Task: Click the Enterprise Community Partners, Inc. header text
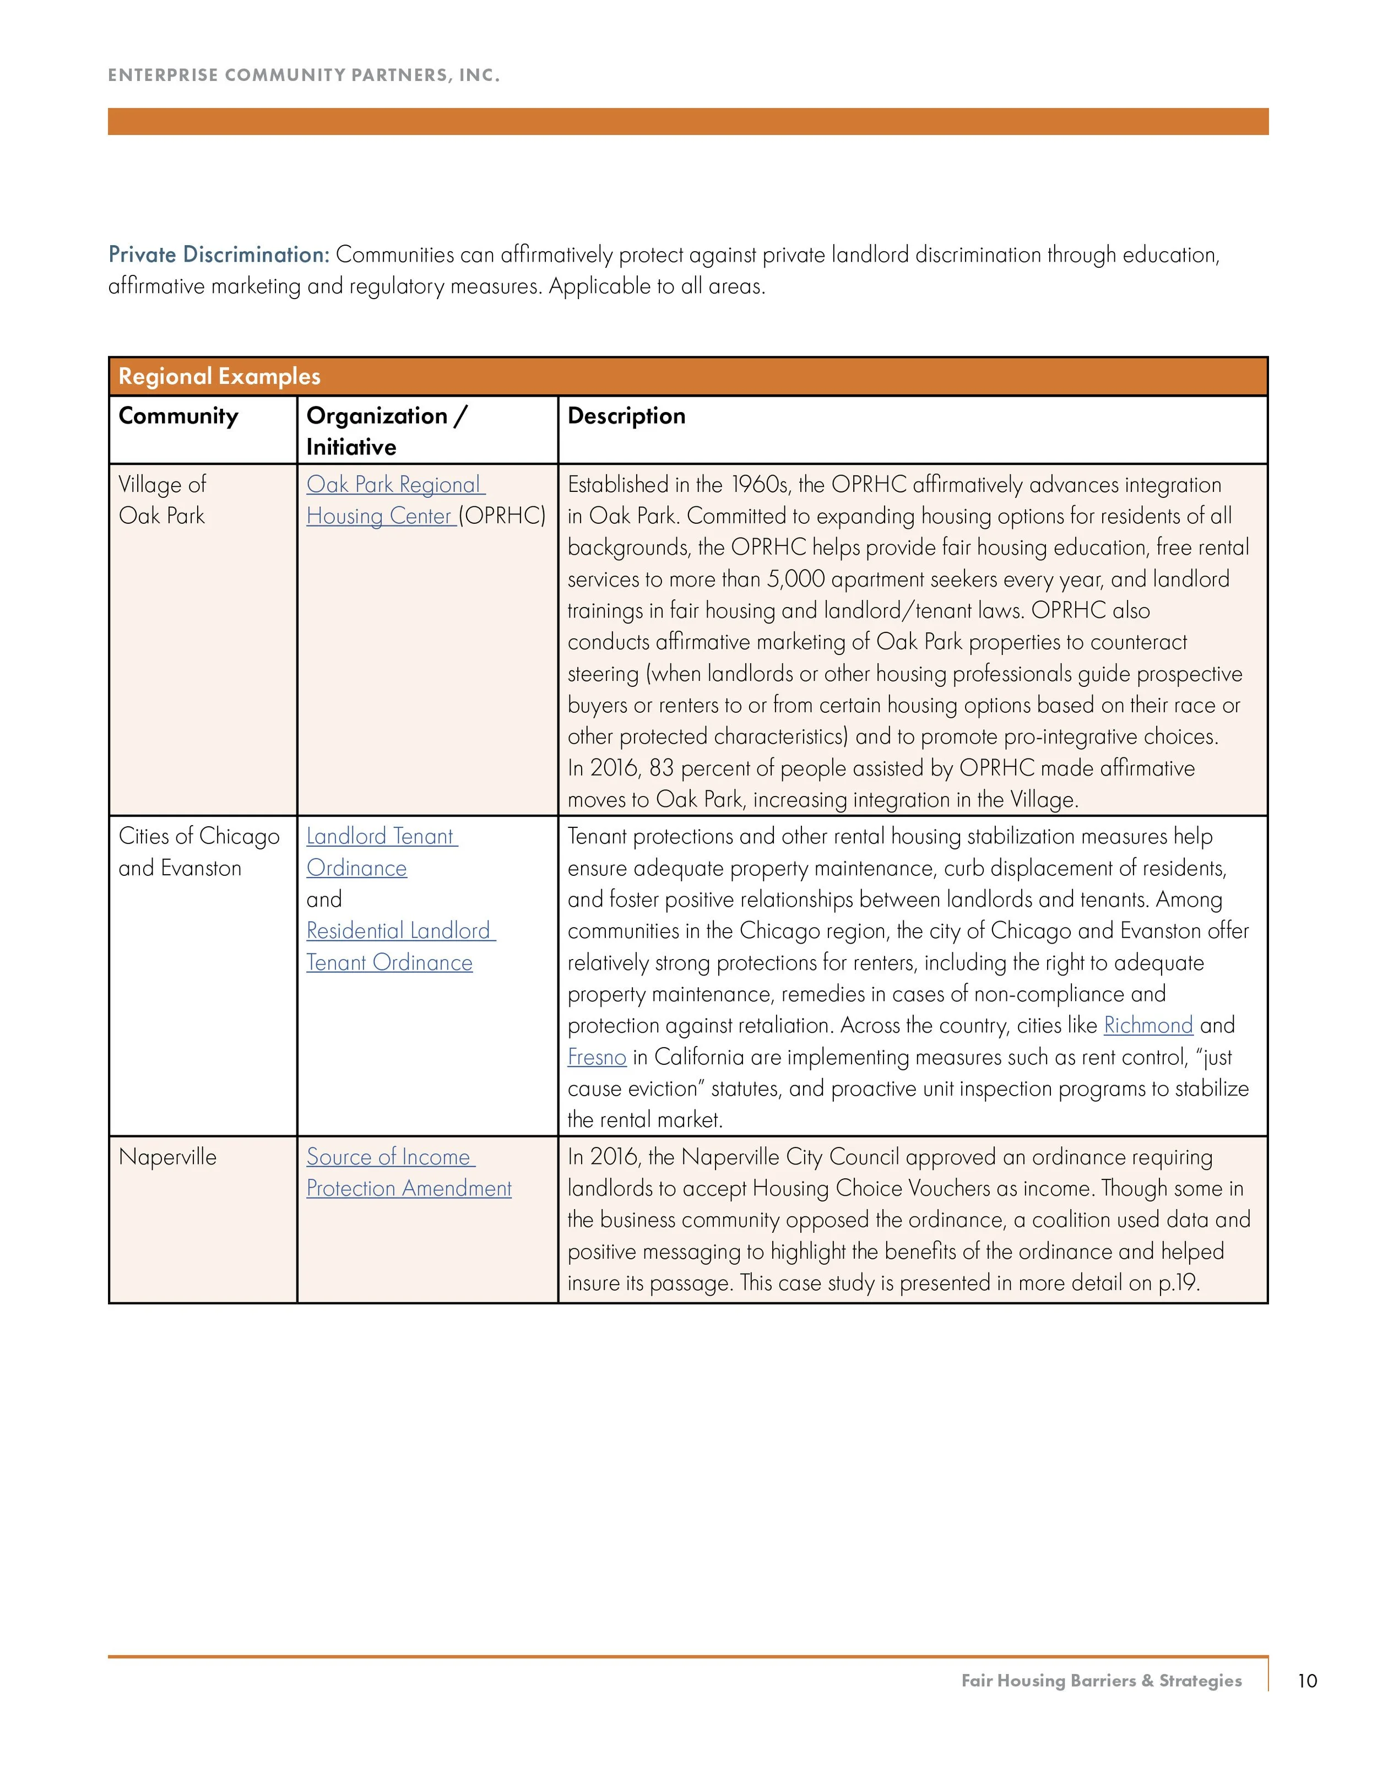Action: click(x=303, y=75)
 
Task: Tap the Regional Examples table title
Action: click(x=219, y=376)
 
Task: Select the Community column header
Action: click(x=178, y=416)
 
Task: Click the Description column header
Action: click(x=626, y=416)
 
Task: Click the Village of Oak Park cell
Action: click(x=162, y=500)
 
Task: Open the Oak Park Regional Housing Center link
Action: click(x=395, y=500)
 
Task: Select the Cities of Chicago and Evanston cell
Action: click(x=198, y=852)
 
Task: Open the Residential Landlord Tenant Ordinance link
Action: click(x=400, y=946)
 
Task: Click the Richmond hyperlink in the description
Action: click(x=1148, y=1026)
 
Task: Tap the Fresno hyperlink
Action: click(x=597, y=1058)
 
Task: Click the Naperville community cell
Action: click(x=167, y=1157)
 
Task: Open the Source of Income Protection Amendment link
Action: click(x=408, y=1173)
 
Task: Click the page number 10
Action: click(x=1307, y=1681)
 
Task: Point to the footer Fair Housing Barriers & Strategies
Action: click(x=1101, y=1681)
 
